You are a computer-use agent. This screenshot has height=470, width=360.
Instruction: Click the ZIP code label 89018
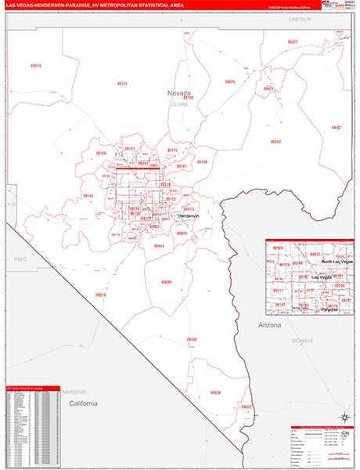[36, 66]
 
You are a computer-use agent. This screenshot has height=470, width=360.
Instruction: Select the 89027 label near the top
[292, 42]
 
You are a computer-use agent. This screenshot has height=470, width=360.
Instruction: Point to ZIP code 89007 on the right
[336, 127]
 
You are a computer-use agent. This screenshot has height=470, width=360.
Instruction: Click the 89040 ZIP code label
[275, 142]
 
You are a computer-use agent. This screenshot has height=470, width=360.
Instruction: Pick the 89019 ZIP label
[100, 295]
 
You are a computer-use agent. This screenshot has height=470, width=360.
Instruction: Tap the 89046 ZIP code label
[192, 339]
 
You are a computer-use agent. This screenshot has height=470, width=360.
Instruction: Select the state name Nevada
[179, 92]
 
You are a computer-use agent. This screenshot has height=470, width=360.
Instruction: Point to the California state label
[82, 403]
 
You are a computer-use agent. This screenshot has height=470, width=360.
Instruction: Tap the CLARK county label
[180, 103]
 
